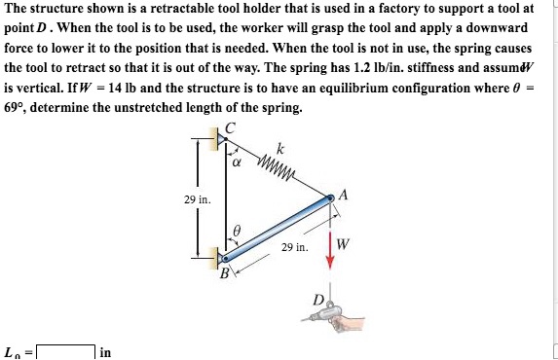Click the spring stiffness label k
point(279,148)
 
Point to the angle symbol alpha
point(237,162)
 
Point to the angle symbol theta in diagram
point(235,230)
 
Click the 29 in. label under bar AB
point(293,247)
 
